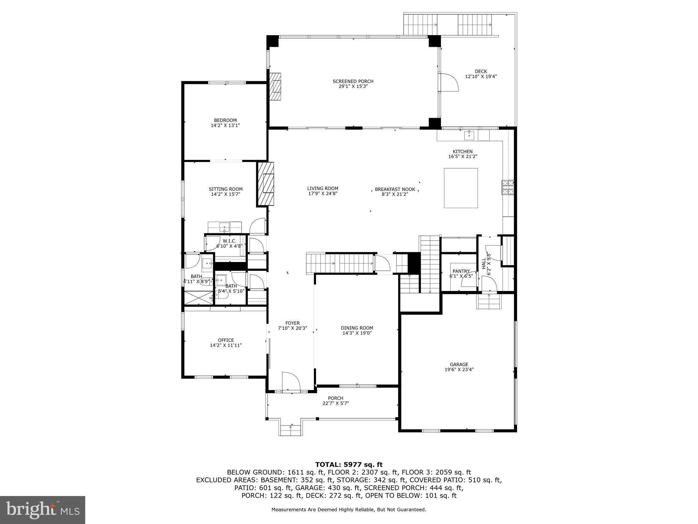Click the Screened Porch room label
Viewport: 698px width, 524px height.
353,81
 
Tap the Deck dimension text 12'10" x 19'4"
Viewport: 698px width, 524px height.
481,76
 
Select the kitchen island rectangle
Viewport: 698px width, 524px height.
460,188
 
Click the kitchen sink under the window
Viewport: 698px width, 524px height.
470,135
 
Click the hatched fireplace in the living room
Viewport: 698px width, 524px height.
266,184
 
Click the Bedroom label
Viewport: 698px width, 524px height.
225,120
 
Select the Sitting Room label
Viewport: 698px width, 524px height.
226,189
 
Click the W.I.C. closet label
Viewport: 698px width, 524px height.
229,241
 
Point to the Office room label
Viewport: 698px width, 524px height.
226,340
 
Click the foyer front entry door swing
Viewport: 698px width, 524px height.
290,381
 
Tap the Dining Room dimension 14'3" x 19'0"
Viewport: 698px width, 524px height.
357,333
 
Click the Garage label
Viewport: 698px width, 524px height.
459,364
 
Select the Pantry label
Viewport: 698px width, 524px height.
461,271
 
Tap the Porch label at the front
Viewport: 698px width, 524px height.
335,398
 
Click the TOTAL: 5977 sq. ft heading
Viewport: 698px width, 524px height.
349,464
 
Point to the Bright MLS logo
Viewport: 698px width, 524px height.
43,510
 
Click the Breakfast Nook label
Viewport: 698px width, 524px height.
395,189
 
